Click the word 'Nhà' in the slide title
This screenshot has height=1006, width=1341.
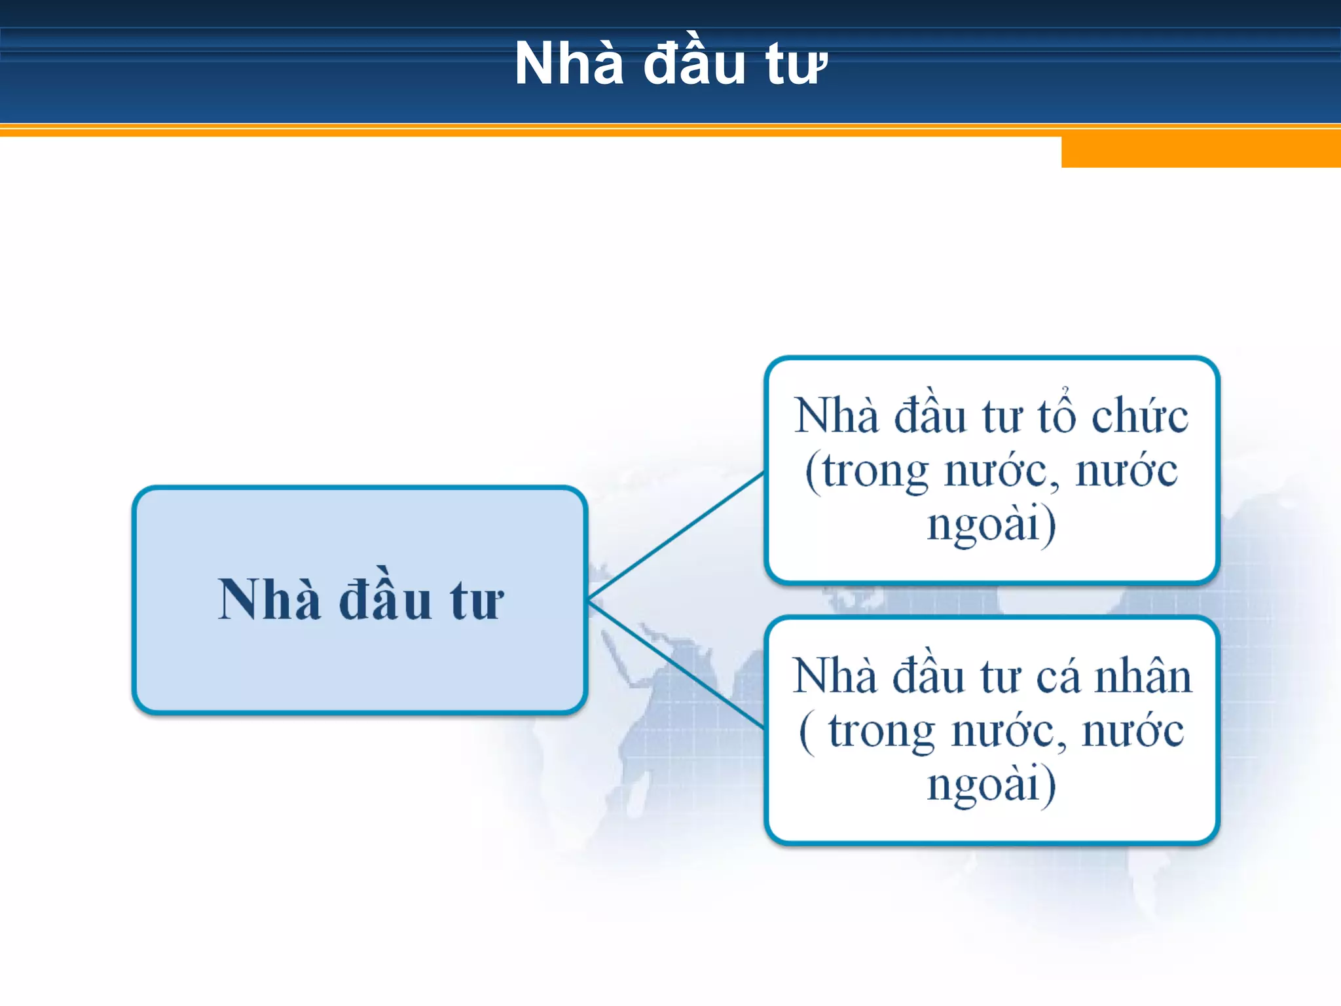click(568, 64)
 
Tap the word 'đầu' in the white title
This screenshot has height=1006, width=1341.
click(694, 64)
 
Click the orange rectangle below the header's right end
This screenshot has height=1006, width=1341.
click(1200, 152)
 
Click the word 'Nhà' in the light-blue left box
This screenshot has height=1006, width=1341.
click(269, 599)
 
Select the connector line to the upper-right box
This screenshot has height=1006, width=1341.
click(676, 535)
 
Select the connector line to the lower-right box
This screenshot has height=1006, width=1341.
click(676, 665)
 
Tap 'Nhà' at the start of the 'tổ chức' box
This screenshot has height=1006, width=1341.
click(836, 416)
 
